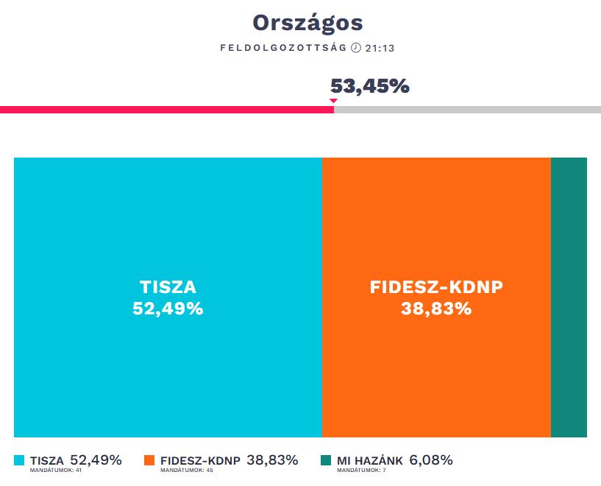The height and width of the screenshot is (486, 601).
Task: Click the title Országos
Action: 307,23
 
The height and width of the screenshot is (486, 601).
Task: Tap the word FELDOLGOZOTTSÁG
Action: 283,49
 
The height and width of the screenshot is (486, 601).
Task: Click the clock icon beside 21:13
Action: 356,49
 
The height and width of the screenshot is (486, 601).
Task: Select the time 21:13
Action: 381,49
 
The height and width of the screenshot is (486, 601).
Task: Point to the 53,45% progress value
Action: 369,86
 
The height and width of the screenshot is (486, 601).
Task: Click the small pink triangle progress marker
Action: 333,100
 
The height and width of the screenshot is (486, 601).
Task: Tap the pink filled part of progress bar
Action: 166,110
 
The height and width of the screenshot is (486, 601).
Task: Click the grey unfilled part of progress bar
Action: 467,110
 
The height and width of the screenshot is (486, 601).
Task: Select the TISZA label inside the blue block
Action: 168,287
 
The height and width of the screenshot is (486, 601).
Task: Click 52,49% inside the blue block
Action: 168,309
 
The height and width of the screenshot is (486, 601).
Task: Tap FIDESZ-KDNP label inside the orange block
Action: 436,287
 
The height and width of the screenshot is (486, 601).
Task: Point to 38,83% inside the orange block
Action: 436,309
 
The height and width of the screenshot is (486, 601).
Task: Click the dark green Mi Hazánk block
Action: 569,297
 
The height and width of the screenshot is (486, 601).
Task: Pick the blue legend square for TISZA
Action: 19,460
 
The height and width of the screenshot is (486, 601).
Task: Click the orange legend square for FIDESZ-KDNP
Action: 149,460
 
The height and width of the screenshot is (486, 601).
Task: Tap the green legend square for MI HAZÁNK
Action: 326,460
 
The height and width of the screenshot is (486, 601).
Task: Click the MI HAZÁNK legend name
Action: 370,461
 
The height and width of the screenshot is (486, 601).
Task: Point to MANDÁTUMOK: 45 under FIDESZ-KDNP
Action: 186,470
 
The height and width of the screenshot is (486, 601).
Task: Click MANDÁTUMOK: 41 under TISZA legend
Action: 55,470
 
